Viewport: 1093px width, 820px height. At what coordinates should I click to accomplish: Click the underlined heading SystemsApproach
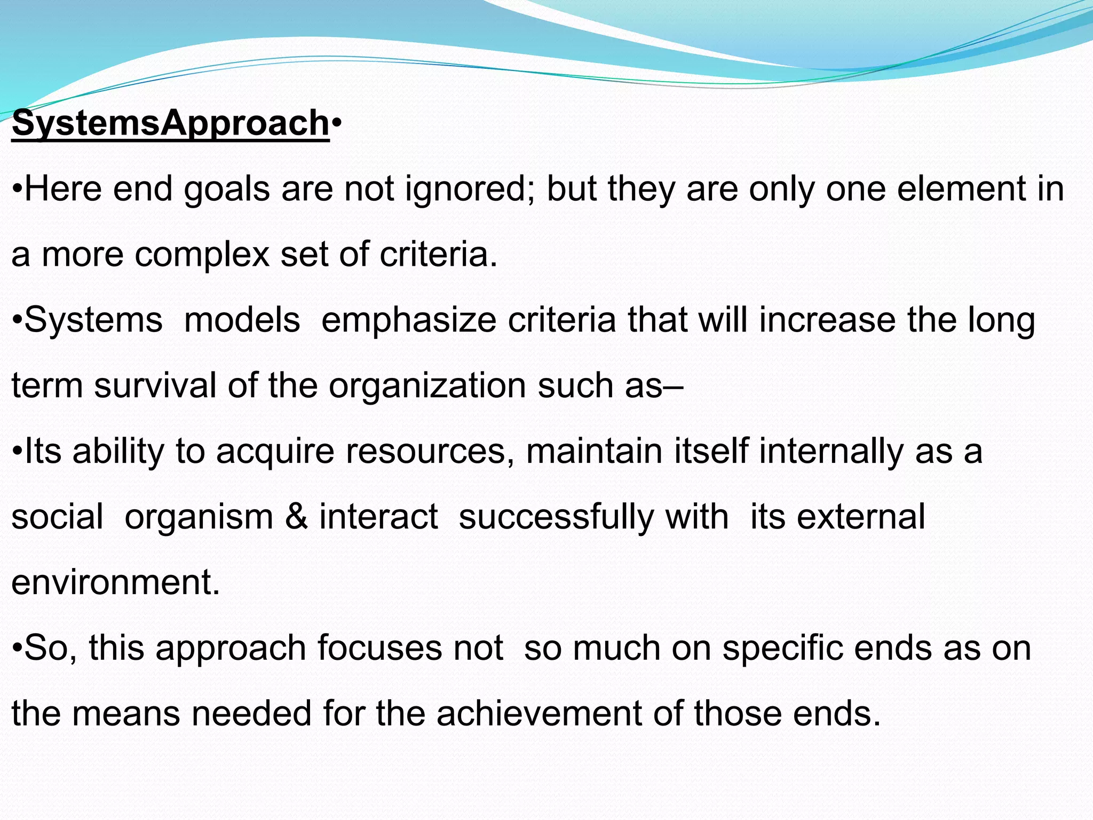point(170,123)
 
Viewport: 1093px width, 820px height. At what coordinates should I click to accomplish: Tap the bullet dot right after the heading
point(336,124)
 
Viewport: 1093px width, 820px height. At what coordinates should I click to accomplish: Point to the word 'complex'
point(202,255)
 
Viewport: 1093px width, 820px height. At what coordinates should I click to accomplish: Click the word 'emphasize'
point(409,320)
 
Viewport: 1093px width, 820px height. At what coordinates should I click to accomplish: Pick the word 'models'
point(242,320)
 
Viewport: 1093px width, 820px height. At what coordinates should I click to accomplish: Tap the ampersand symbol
point(296,517)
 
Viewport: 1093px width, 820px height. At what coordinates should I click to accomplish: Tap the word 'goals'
point(227,190)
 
